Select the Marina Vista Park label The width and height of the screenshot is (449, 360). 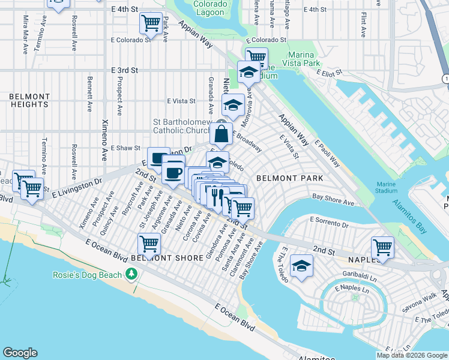pyautogui.click(x=312, y=58)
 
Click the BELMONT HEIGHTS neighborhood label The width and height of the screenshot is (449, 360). pyautogui.click(x=29, y=100)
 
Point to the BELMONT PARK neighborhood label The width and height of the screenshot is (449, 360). pyautogui.click(x=289, y=178)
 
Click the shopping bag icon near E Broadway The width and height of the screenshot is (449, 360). pyautogui.click(x=221, y=134)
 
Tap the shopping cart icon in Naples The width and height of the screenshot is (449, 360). pyautogui.click(x=382, y=246)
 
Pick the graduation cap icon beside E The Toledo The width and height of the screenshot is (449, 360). pyautogui.click(x=301, y=266)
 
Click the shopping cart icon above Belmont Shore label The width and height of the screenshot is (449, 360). pyautogui.click(x=149, y=244)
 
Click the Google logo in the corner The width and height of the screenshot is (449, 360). pyautogui.click(x=20, y=353)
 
